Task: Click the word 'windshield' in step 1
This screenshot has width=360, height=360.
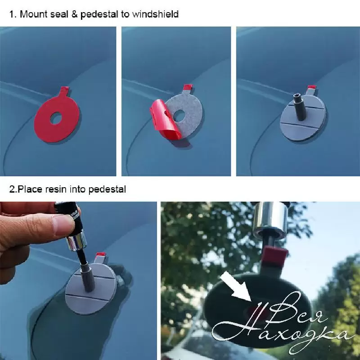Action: (x=155, y=14)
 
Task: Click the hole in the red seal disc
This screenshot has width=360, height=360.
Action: (x=56, y=118)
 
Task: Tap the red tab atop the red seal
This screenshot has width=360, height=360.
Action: (x=64, y=89)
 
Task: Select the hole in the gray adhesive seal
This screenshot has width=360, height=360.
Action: (x=179, y=115)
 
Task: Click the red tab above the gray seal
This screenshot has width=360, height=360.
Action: (x=188, y=87)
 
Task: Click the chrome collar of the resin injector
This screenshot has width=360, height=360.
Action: (x=76, y=243)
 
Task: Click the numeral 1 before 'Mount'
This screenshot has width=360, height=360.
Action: (x=12, y=14)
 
